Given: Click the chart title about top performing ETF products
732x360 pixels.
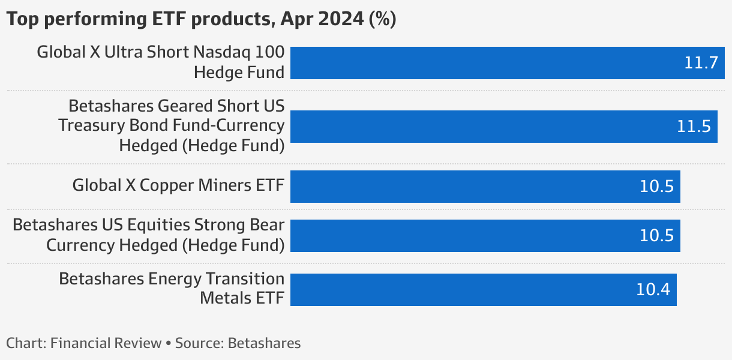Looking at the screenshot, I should tap(201, 19).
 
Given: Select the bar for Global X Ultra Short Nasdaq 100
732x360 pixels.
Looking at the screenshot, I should tap(480, 63).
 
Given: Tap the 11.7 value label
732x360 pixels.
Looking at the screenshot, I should tap(701, 63).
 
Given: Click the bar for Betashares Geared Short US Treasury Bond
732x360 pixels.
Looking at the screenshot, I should tap(480, 126).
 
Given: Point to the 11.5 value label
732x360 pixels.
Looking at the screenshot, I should tap(693, 127).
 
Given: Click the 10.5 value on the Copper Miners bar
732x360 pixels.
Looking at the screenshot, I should tap(656, 187).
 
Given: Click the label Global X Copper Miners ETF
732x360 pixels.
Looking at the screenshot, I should tap(178, 185).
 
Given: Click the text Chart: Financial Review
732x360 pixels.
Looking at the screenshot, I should tap(84, 343).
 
